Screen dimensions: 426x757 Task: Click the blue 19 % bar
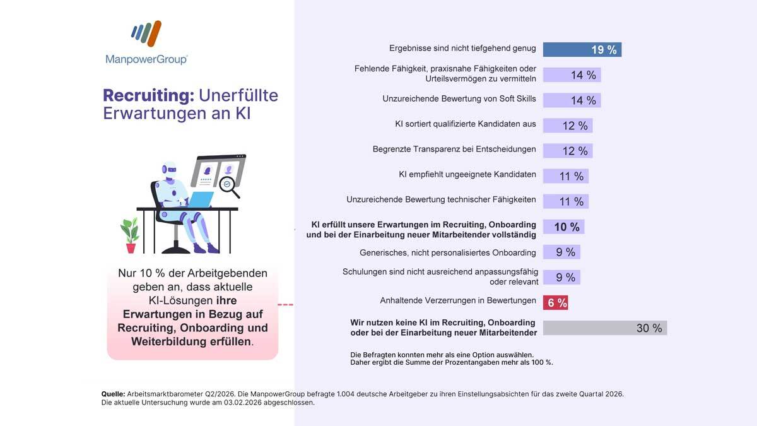tap(582, 50)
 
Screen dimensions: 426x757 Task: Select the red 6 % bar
tap(556, 302)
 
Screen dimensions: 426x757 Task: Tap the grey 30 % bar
tap(604, 328)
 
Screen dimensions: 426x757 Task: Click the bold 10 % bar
tap(563, 227)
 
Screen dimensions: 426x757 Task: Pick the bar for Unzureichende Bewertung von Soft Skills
tap(572, 100)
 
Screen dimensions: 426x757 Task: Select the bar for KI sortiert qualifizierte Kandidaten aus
tap(567, 126)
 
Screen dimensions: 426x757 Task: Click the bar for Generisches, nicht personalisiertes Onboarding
tap(561, 252)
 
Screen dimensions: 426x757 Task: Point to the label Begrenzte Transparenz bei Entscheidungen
tap(454, 150)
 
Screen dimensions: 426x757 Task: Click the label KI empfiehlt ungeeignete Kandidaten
tap(467, 174)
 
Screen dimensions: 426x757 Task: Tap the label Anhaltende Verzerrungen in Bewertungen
tap(458, 300)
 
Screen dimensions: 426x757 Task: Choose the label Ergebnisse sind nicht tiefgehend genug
tap(462, 48)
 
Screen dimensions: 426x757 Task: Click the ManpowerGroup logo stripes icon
tap(146, 34)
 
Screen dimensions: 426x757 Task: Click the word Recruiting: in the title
tap(148, 95)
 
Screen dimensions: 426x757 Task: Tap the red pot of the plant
tap(131, 247)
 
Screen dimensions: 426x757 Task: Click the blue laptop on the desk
tap(201, 199)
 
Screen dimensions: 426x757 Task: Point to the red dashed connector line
tap(286, 305)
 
